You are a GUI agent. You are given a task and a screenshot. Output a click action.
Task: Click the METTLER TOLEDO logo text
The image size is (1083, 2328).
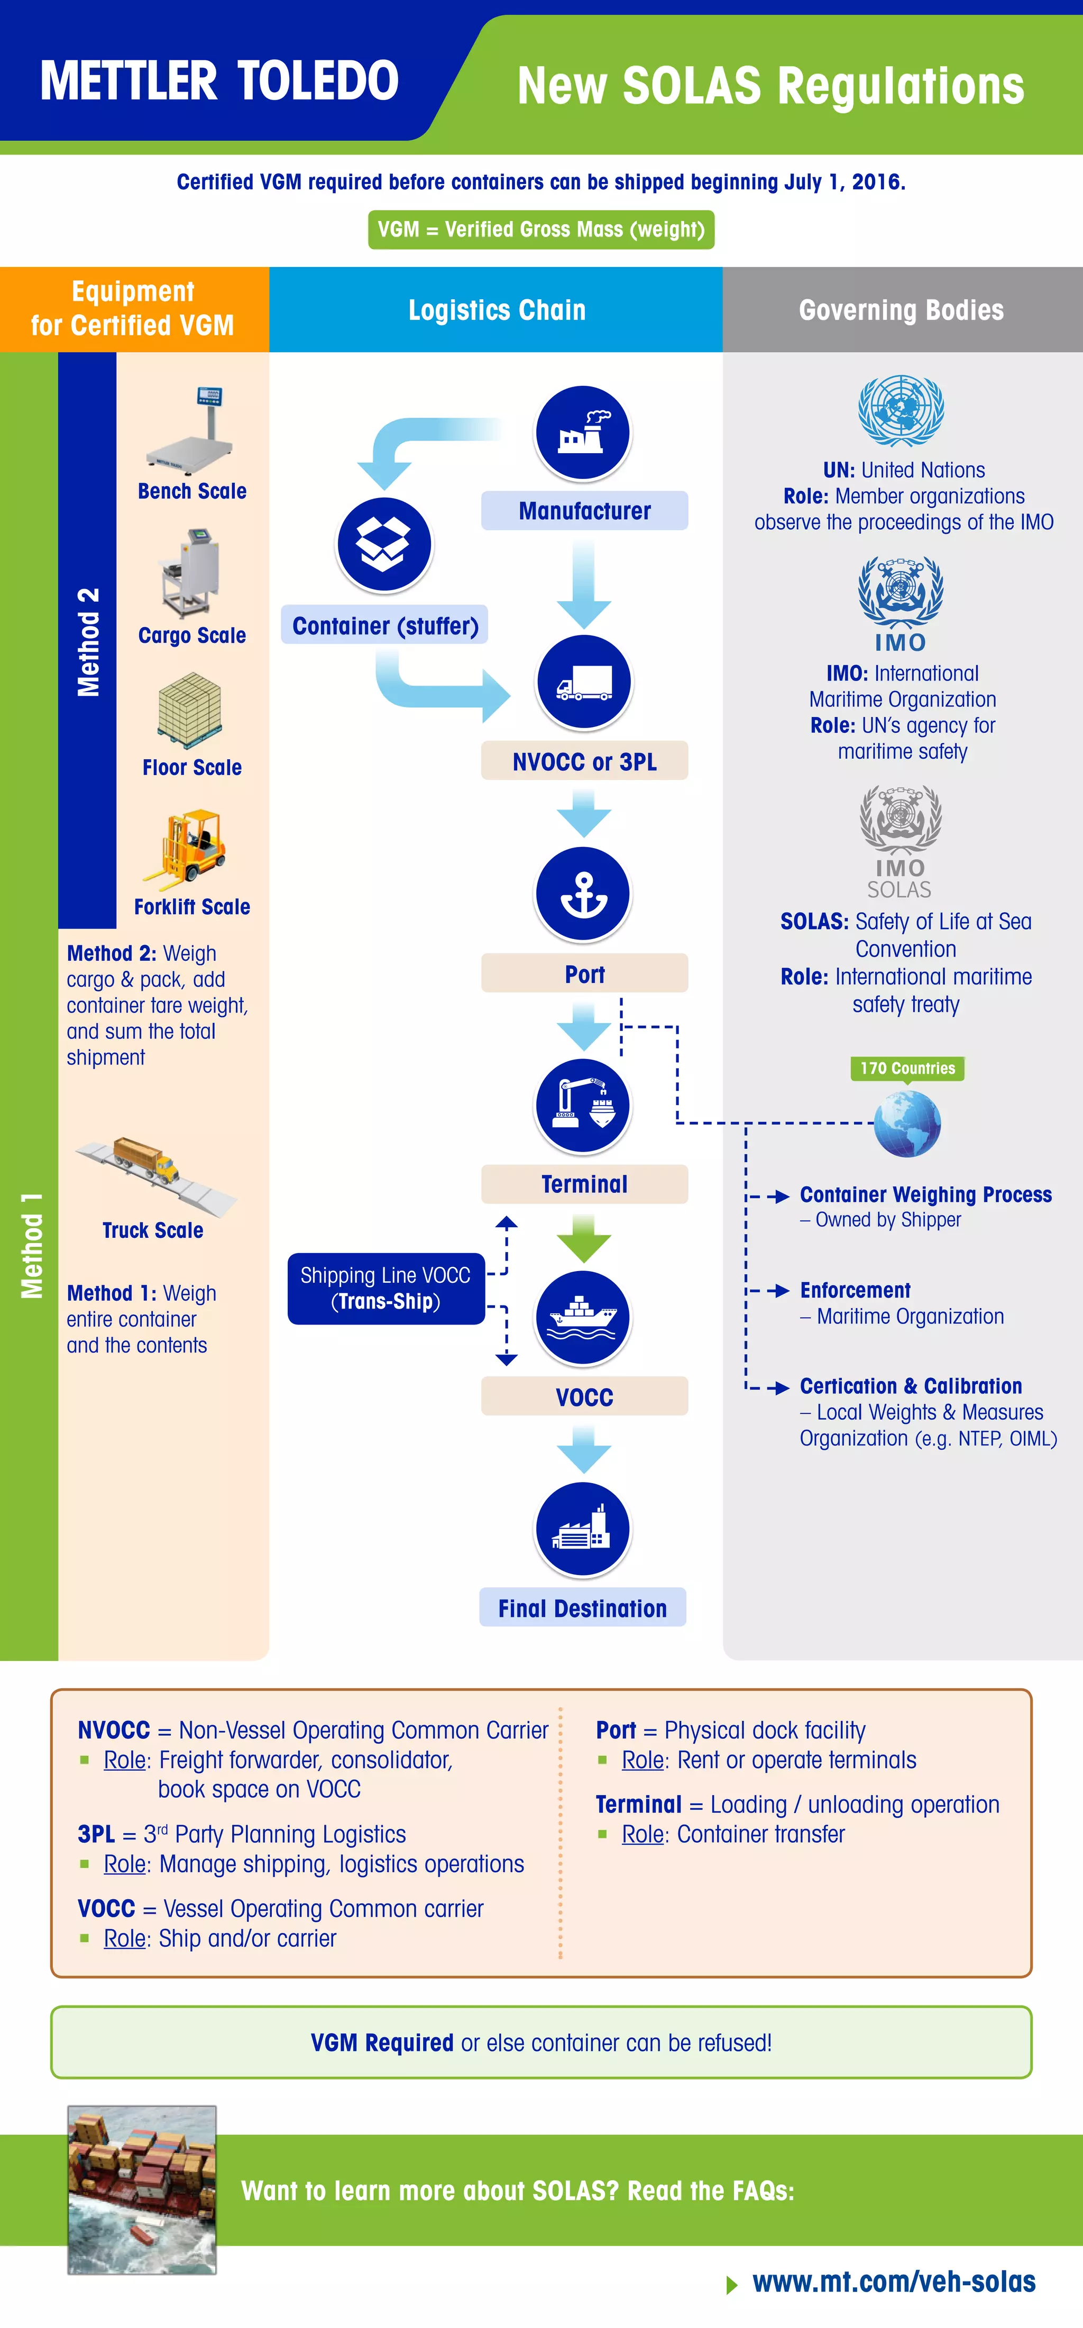[x=219, y=81]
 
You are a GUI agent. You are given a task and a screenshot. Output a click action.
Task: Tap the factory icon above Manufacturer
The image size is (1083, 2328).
[x=583, y=432]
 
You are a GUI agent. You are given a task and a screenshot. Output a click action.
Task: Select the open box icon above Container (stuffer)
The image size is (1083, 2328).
[x=384, y=544]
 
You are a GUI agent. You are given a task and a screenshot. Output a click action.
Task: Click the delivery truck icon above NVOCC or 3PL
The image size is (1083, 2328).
[x=584, y=682]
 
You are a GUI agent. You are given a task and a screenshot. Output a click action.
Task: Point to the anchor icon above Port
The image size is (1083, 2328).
[x=583, y=893]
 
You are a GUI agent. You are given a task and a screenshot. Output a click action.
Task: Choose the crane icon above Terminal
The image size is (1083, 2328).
[x=583, y=1105]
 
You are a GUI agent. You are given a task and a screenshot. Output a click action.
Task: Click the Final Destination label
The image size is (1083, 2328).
[x=582, y=1608]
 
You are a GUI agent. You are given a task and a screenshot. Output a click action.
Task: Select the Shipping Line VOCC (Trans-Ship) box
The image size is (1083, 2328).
[x=386, y=1288]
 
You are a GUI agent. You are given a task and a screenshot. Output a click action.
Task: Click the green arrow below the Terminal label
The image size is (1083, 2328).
[x=584, y=1239]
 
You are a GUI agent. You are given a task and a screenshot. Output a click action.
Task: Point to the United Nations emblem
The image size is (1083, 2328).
[x=901, y=411]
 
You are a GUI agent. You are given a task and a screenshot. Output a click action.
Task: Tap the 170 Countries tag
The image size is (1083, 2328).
[x=907, y=1068]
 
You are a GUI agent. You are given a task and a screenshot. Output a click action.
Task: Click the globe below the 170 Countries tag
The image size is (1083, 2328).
[x=907, y=1124]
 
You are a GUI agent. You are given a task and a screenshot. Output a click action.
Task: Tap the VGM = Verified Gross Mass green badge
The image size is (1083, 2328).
[x=540, y=229]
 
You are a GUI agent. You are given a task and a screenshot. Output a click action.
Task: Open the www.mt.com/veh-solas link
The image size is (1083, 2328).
[x=893, y=2283]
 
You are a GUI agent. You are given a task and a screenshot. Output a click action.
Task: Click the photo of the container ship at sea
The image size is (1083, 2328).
[x=142, y=2189]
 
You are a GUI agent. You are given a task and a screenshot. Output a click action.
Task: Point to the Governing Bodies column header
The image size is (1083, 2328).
[x=901, y=310]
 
